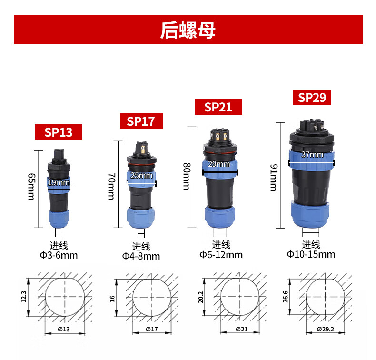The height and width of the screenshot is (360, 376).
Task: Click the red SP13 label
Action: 58,132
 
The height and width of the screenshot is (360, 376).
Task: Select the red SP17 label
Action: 141,121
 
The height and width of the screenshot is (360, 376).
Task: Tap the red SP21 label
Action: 218,107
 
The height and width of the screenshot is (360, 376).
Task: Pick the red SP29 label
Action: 312,97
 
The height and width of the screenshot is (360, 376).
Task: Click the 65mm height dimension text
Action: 31,187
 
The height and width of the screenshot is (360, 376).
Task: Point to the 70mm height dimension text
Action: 111,186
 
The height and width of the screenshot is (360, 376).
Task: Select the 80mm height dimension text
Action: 187,176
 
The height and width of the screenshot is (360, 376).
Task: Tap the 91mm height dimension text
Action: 274,178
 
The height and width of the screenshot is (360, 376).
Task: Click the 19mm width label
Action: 59,182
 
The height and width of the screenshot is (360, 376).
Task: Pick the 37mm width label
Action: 312,154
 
